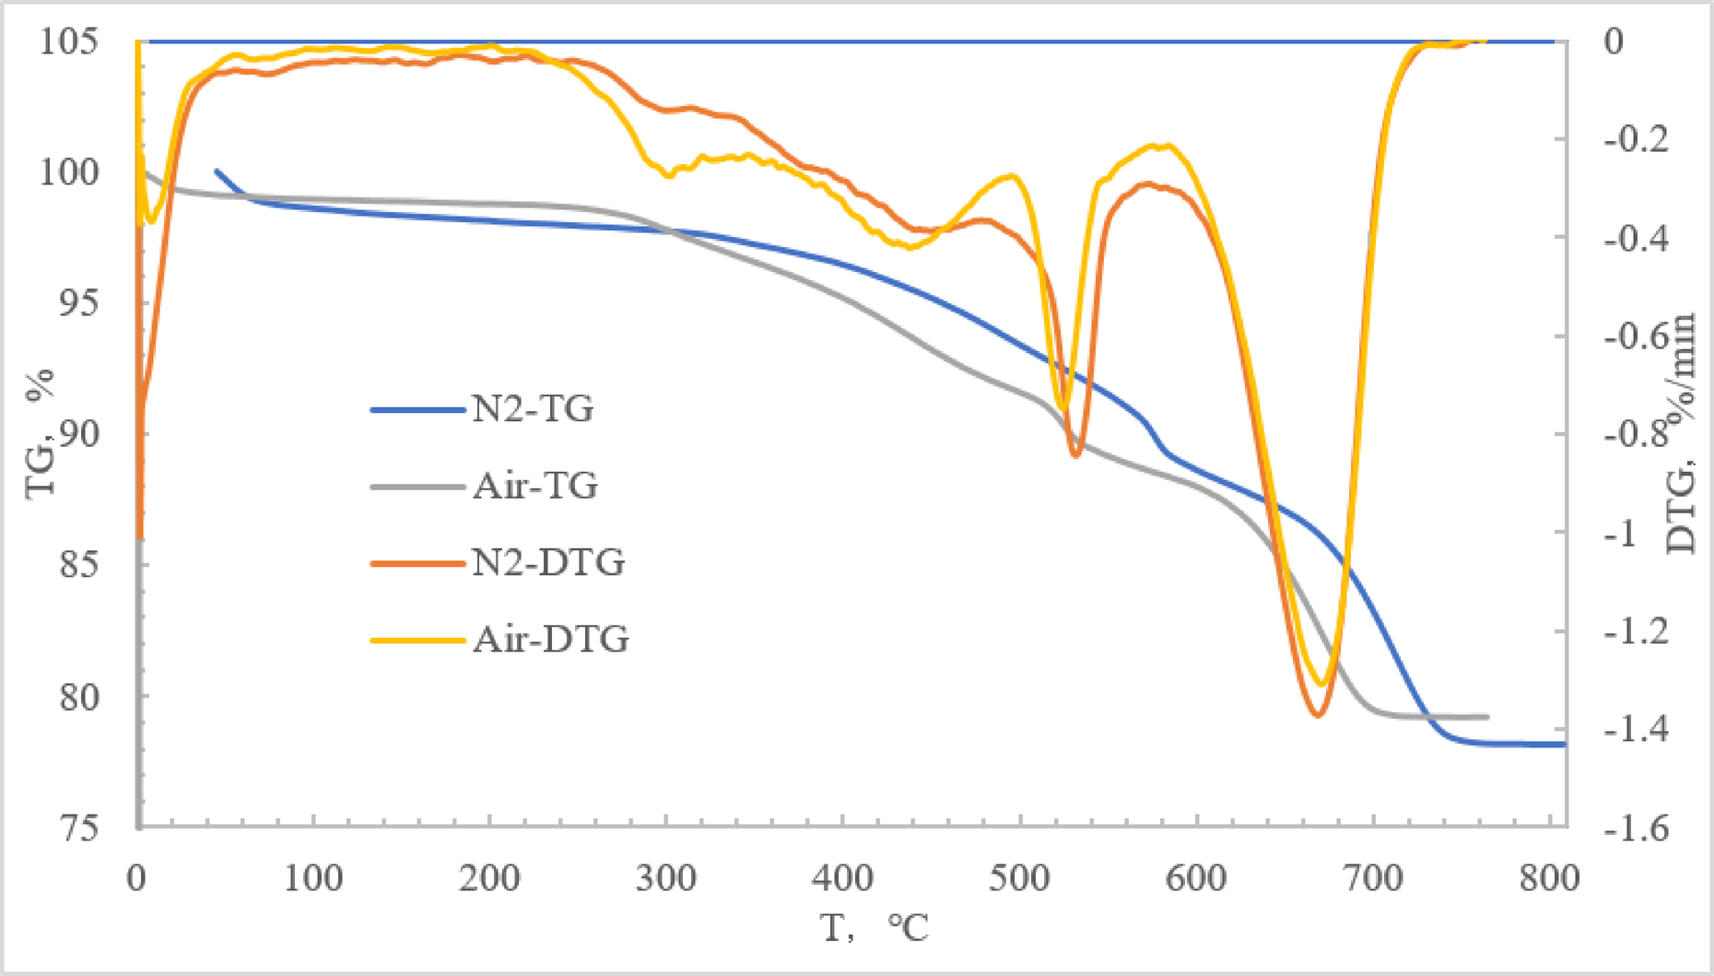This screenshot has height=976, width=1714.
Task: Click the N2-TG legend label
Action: pyautogui.click(x=533, y=408)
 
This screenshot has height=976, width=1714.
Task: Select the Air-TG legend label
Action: pyautogui.click(x=535, y=485)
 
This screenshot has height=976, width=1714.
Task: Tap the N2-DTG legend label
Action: pyautogui.click(x=548, y=561)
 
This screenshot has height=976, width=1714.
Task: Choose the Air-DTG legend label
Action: pyautogui.click(x=551, y=638)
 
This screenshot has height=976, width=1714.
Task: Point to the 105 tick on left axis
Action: pyautogui.click(x=68, y=41)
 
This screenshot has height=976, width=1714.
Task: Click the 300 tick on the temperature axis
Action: pyautogui.click(x=666, y=877)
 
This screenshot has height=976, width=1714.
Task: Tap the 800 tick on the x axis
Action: pyautogui.click(x=1549, y=877)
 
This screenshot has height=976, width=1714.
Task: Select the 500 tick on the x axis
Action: pyautogui.click(x=1019, y=877)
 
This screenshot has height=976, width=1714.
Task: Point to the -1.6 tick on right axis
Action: pyautogui.click(x=1637, y=828)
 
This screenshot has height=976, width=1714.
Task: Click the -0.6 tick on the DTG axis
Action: pyautogui.click(x=1637, y=335)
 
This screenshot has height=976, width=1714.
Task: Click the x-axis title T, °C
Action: pyautogui.click(x=875, y=927)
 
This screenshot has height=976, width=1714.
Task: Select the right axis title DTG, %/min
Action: pyautogui.click(x=1682, y=433)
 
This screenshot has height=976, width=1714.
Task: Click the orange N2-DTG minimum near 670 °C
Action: pyautogui.click(x=1319, y=714)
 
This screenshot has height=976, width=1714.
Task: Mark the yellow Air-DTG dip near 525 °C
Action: pyautogui.click(x=1062, y=407)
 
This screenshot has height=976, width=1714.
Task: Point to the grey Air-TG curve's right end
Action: pyautogui.click(x=1487, y=716)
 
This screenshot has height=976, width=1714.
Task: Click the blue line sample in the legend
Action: pyautogui.click(x=417, y=409)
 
